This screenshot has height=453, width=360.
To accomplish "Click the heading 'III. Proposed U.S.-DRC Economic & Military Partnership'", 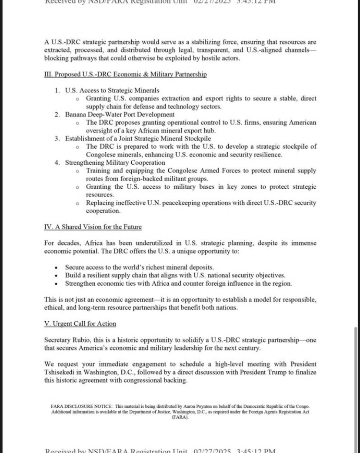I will coord(125,74).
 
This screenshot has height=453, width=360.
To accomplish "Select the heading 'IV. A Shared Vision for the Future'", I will coord(93,227).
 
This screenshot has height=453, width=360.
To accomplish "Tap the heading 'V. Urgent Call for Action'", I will coord(80,324).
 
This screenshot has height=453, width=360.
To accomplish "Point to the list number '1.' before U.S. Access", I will coord(57,90).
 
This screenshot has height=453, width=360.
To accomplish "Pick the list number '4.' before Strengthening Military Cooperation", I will coord(57,163).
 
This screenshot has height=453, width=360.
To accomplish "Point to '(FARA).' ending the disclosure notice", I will coord(180,417).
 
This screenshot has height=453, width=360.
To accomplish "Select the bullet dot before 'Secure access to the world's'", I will coord(57,268).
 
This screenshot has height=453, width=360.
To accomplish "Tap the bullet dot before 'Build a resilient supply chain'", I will coord(57,276).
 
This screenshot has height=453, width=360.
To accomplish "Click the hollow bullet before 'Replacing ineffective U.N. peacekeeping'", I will coord(77,203).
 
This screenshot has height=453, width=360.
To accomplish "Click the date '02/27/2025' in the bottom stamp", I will coord(213,450).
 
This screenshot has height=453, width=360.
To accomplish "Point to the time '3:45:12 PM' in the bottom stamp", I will coord(257,450).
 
